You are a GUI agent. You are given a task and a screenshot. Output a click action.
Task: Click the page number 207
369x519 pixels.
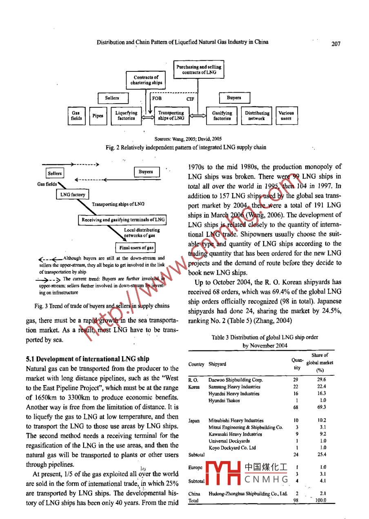pyautogui.click(x=336, y=44)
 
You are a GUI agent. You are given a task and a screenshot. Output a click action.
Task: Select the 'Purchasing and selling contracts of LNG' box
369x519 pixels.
pyautogui.click(x=198, y=69)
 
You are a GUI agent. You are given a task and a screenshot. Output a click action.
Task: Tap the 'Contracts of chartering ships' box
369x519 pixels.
pyautogui.click(x=146, y=80)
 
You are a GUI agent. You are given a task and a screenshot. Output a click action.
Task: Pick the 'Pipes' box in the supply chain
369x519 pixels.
pyautogui.click(x=98, y=115)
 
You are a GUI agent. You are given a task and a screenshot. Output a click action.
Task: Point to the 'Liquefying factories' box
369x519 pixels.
pyautogui.click(x=126, y=115)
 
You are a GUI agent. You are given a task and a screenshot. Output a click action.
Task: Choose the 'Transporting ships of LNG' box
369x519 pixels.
pyautogui.click(x=171, y=115)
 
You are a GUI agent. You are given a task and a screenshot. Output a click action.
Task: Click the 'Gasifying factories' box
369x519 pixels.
pyautogui.click(x=222, y=115)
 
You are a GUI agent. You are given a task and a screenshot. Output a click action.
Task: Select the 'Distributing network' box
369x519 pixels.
pyautogui.click(x=257, y=115)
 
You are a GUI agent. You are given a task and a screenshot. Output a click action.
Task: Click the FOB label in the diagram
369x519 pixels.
pyautogui.click(x=157, y=98)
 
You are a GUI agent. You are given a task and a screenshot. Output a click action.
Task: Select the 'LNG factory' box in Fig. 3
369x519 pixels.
pyautogui.click(x=73, y=195)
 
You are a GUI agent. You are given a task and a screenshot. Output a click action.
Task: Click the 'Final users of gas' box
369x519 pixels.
pyautogui.click(x=136, y=248)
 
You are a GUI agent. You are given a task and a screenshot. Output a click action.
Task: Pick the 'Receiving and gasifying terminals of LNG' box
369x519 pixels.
pyautogui.click(x=123, y=220)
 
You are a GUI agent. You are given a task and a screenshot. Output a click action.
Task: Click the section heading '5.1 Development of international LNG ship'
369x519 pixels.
pyautogui.click(x=88, y=359)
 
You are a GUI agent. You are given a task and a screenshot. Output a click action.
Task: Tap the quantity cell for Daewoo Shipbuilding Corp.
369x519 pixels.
pyautogui.click(x=296, y=379)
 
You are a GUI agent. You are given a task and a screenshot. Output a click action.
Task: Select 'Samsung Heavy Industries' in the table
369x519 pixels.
pyautogui.click(x=234, y=386)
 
